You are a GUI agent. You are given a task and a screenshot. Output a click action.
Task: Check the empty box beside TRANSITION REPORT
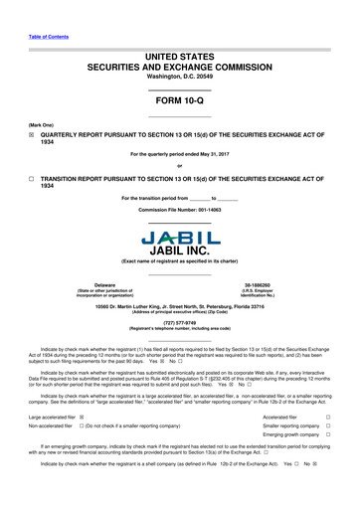click(x=32, y=178)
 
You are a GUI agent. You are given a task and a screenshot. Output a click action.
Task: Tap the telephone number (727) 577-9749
click(x=179, y=322)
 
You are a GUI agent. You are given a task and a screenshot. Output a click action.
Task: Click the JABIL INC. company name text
click(x=179, y=249)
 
